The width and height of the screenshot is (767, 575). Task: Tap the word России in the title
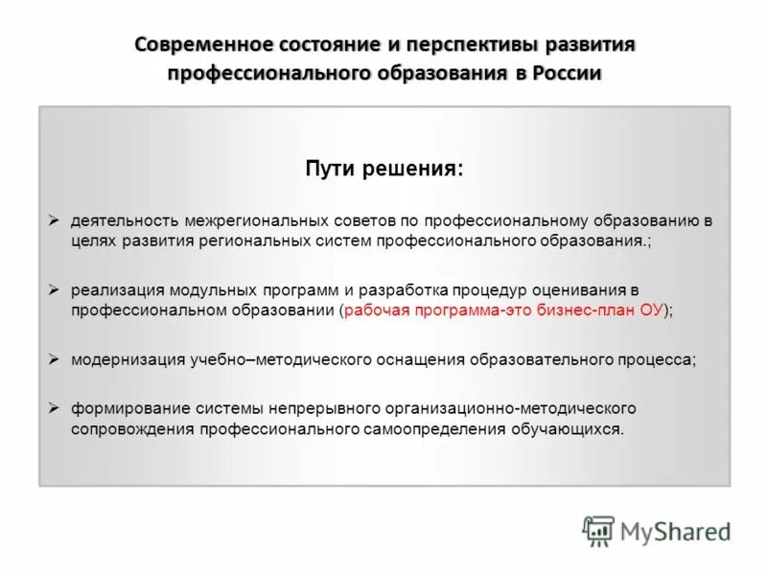pos(569,74)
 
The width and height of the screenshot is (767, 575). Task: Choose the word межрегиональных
pos(243,220)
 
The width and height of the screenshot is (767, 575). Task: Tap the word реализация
pos(111,289)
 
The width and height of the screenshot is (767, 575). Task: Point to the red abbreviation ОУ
pos(652,310)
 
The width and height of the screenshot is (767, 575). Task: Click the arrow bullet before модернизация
pos(55,358)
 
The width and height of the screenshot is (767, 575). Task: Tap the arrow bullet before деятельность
pos(55,219)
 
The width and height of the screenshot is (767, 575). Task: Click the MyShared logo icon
pos(598,530)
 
